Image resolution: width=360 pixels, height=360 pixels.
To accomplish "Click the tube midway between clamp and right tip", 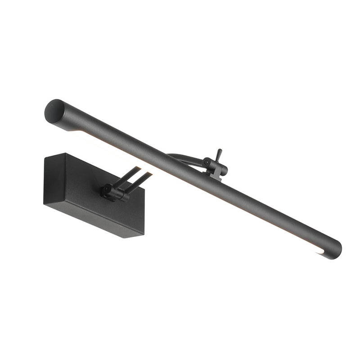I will pyautogui.click(x=279, y=216).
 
